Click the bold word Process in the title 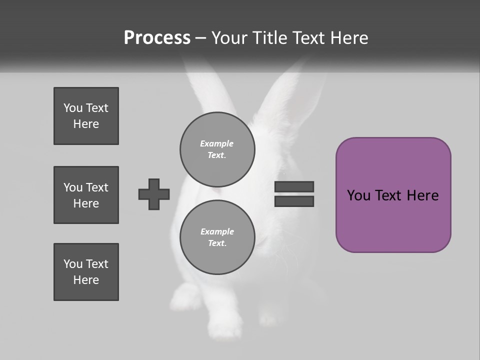tap(157, 38)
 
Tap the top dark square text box tap(86, 116)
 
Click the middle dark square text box tap(86, 195)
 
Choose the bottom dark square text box tap(86, 272)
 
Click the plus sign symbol tap(154, 194)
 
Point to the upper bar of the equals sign tap(294, 187)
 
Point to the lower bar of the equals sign tap(294, 201)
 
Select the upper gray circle tap(217, 149)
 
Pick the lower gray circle tap(217, 237)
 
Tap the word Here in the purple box tap(422, 195)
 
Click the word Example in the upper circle tap(217, 143)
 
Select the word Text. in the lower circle tap(217, 243)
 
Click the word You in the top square tap(72, 108)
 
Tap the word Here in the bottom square tap(86, 280)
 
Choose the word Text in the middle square tap(97, 187)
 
